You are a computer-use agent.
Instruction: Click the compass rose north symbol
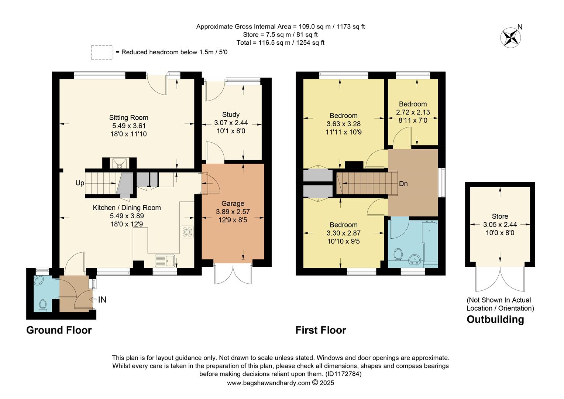click(510, 37)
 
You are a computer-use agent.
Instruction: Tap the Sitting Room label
click(128, 118)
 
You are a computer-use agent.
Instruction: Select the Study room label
click(231, 115)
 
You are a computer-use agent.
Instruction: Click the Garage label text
click(233, 204)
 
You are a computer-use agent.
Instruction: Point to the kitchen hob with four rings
click(187, 232)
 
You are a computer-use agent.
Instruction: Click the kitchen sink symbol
click(165, 261)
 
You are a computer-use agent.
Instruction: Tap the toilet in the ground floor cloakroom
click(42, 305)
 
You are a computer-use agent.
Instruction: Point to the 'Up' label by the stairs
click(80, 183)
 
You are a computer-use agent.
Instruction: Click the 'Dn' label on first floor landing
click(403, 184)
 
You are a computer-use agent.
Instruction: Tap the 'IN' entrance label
click(102, 300)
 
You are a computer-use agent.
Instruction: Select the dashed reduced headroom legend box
click(102, 52)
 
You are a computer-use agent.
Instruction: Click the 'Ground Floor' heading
click(59, 330)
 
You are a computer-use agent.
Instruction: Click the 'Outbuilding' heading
click(495, 319)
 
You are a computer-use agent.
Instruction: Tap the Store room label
click(500, 216)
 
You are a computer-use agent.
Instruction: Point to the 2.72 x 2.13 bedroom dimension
click(413, 112)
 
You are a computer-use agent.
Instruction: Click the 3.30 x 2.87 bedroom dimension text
click(343, 233)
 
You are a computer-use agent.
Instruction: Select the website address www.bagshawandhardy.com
click(268, 383)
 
